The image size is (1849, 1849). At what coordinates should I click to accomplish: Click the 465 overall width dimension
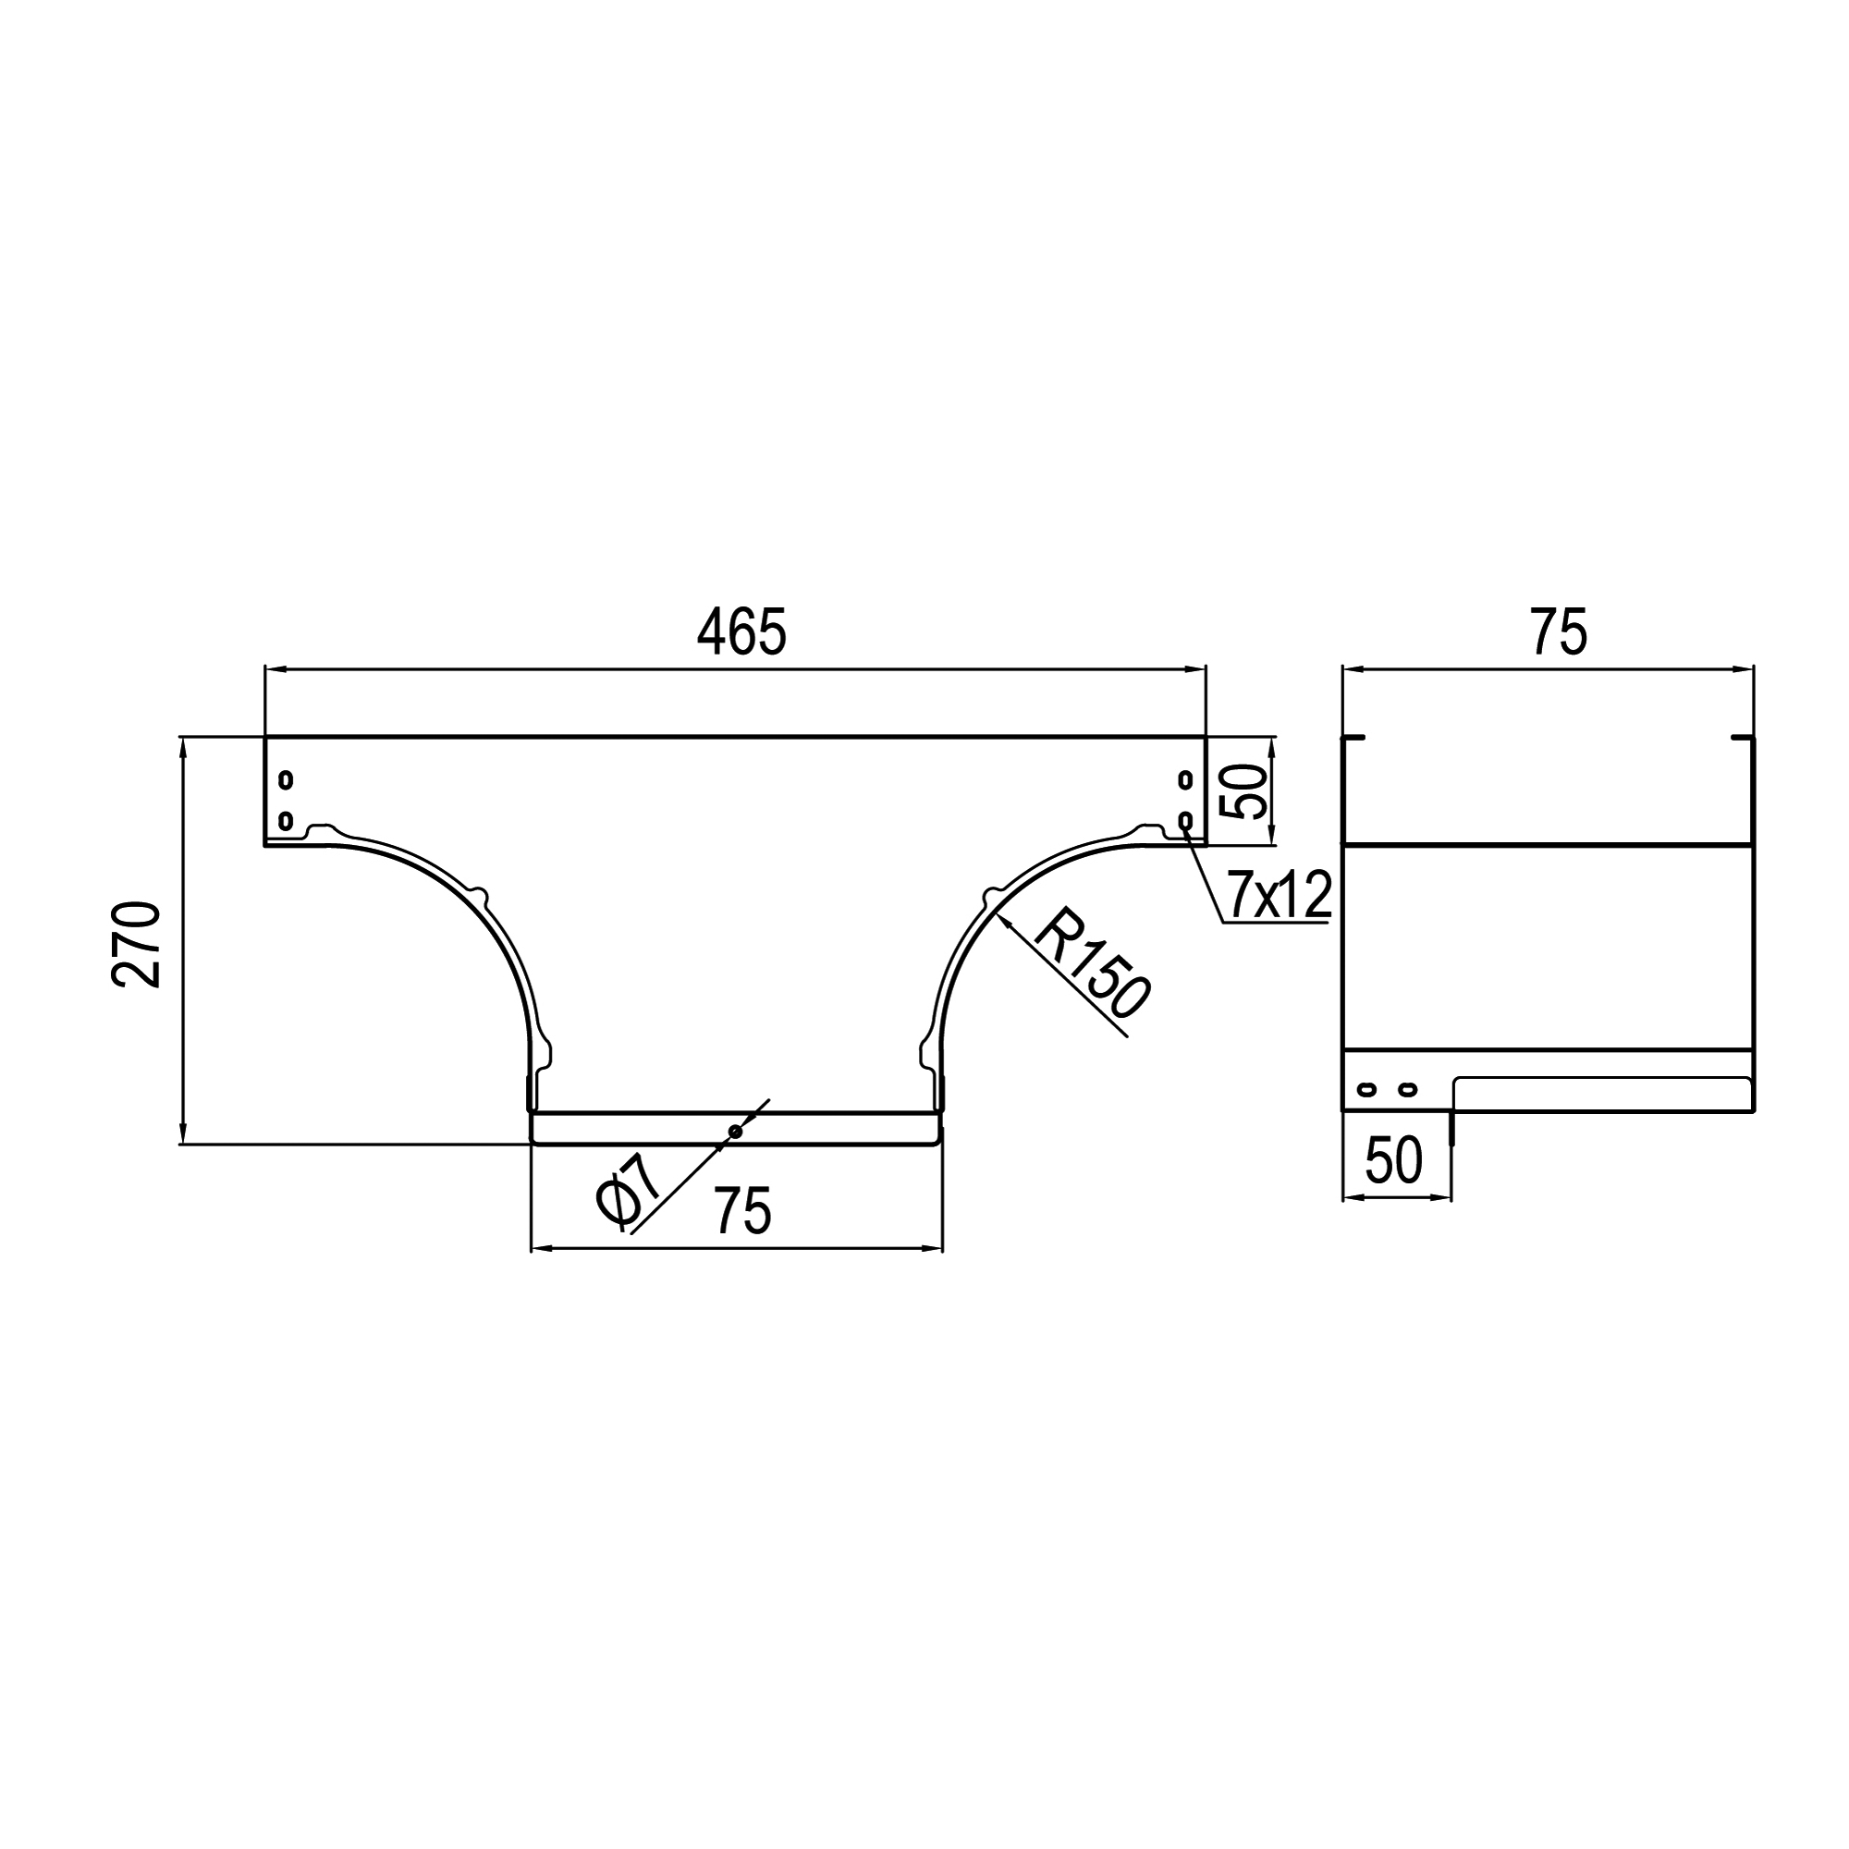tap(741, 631)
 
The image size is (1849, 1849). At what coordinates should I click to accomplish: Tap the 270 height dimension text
tap(136, 944)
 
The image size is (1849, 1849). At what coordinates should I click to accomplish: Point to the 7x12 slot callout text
tap(1280, 895)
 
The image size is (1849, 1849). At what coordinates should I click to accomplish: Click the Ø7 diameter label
tap(628, 1191)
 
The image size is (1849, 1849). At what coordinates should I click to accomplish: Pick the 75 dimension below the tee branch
tap(741, 1211)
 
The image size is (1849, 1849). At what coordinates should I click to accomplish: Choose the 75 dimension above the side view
tap(1559, 631)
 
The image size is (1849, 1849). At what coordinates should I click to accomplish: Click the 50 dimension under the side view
tap(1393, 1160)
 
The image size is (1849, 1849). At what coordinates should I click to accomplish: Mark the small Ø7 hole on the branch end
tap(735, 1133)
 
